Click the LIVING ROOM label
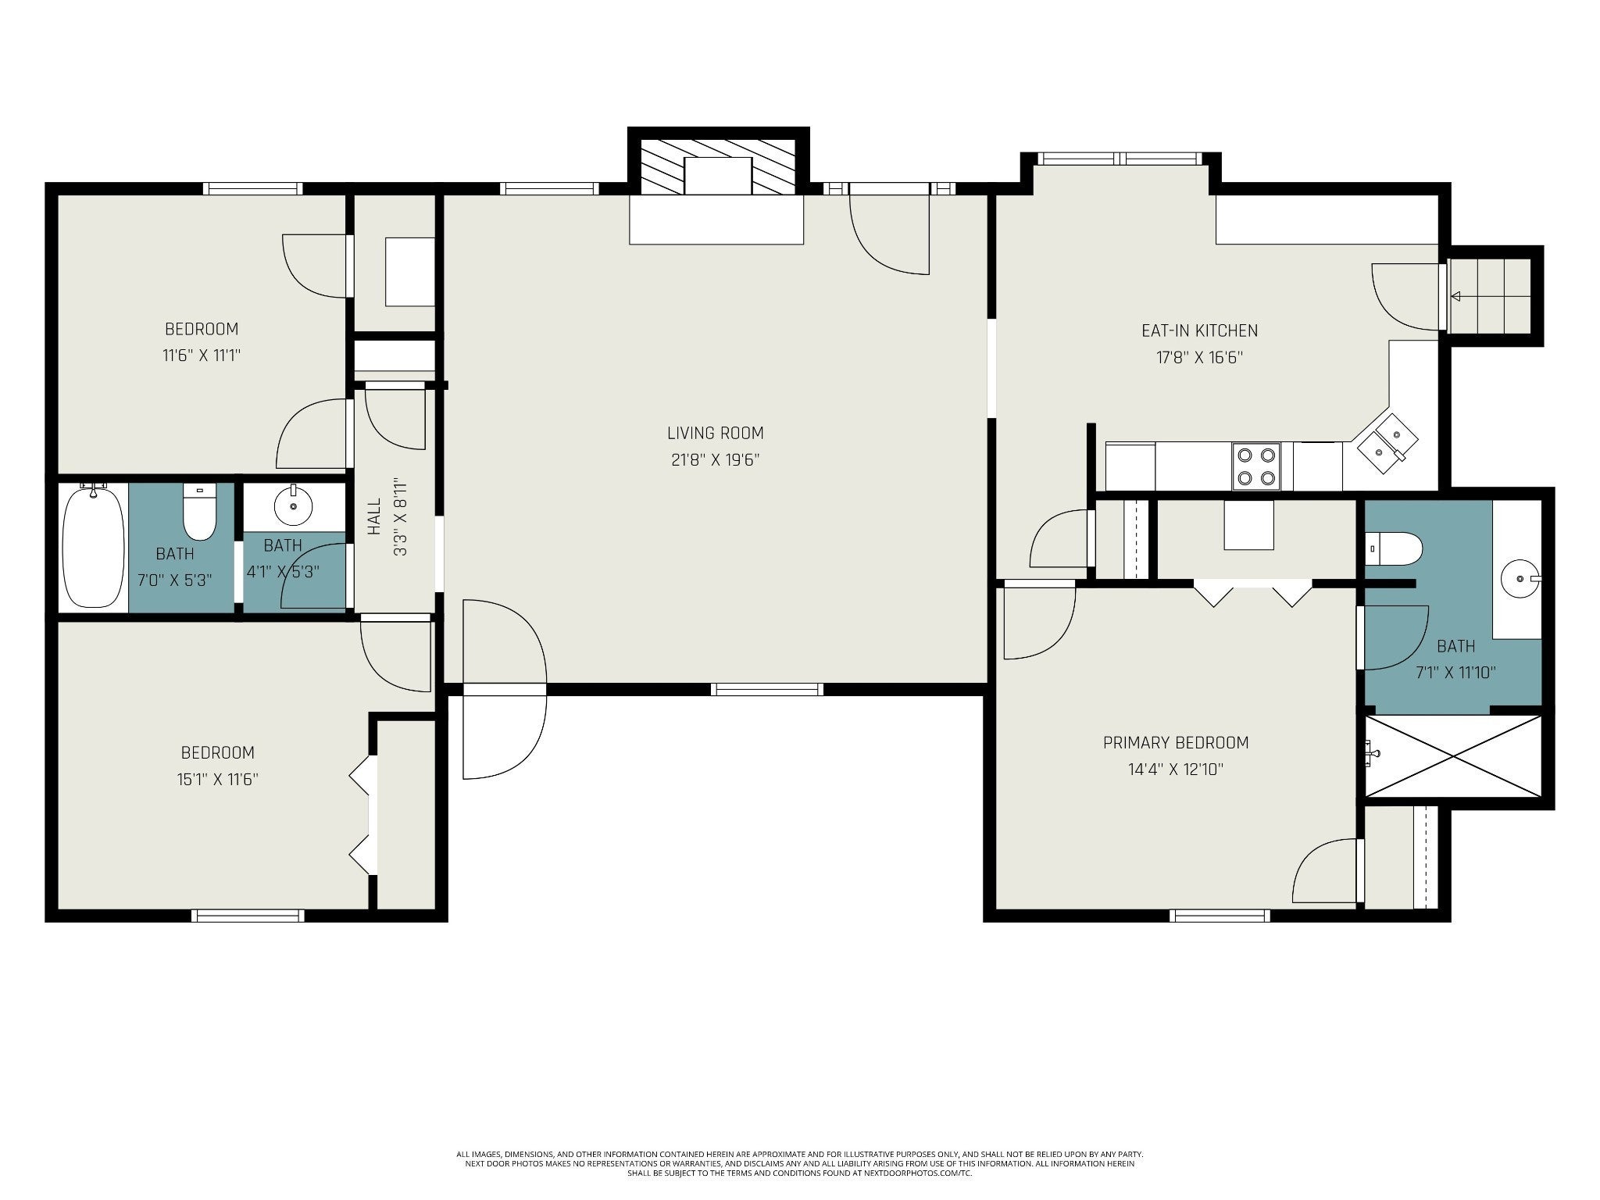[x=715, y=433]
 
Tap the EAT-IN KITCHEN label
[x=1199, y=330]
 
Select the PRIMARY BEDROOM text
[x=1176, y=742]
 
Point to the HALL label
[x=374, y=516]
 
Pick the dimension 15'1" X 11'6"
[x=218, y=779]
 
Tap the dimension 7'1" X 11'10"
[x=1455, y=673]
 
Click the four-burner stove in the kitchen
[x=1256, y=466]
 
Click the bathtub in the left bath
[x=94, y=545]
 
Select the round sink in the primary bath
[x=1520, y=579]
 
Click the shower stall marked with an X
[x=1453, y=755]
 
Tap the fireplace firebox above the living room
[x=718, y=176]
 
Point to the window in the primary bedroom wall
[x=1220, y=916]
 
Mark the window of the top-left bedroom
[x=252, y=188]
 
